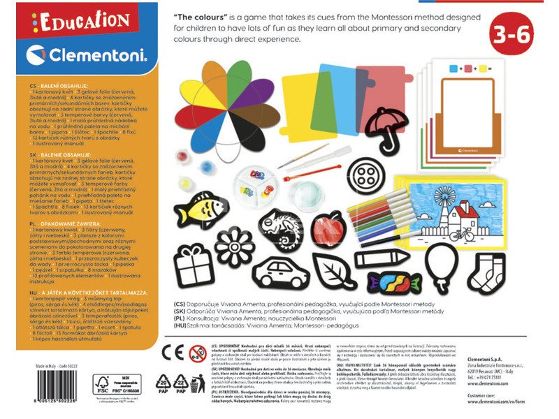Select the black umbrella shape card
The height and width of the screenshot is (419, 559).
[x=382, y=126]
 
